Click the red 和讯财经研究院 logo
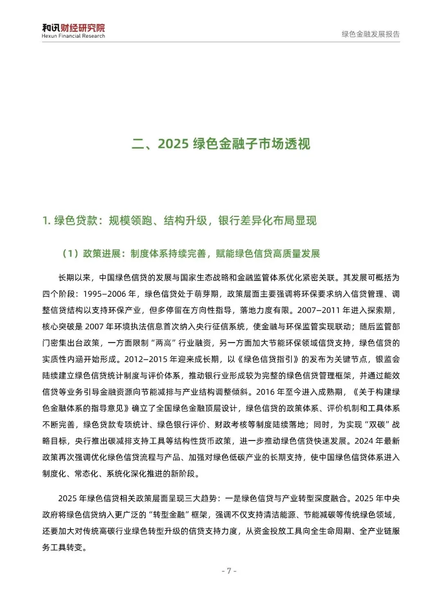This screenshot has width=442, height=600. pos(73,27)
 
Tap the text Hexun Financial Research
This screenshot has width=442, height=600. pos(73,36)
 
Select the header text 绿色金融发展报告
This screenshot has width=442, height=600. pos(370,34)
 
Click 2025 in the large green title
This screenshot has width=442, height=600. pos(173,144)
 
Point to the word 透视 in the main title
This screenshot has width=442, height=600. pos(298,144)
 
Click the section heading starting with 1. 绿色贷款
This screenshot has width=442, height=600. pos(179,221)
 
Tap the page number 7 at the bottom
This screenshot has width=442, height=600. pos(229,571)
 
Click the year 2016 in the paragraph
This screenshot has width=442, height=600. pos(265,392)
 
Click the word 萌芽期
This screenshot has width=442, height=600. pos(206,294)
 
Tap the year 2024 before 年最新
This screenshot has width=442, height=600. pos(364,441)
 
